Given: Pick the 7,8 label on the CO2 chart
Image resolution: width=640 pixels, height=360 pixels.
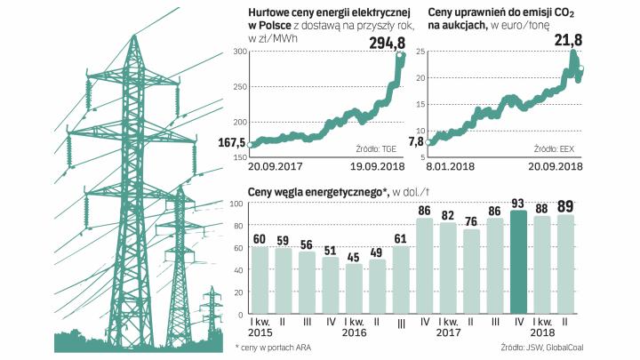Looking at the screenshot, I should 417,141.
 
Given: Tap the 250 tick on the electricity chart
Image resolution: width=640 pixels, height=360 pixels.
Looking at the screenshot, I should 240,87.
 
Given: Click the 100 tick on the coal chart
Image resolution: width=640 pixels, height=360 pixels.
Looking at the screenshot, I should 237,204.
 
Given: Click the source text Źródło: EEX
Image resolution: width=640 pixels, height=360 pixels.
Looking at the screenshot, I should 552,148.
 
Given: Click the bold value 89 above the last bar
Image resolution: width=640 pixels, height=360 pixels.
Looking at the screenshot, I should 564,207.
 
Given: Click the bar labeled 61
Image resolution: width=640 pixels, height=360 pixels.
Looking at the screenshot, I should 402,286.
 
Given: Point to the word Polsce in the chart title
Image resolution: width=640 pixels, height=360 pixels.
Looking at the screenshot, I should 264,28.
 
